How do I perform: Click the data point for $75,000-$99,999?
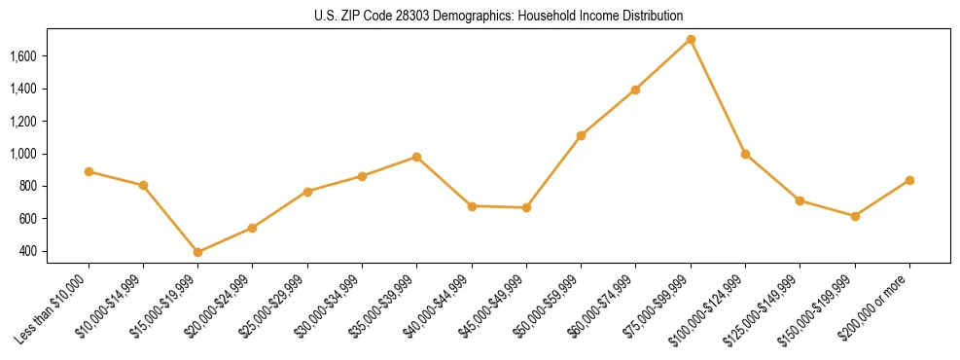[x=691, y=40]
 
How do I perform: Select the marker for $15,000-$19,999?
[x=198, y=252]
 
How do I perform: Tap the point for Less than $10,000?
[x=89, y=171]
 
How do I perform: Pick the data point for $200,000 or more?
[x=909, y=180]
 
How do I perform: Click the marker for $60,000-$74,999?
[x=636, y=90]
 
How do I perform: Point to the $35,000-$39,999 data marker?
[x=417, y=157]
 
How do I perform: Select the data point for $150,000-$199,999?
[x=855, y=216]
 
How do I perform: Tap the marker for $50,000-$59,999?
[x=581, y=135]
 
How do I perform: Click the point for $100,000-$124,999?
[x=745, y=154]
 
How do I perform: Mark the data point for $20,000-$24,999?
[x=253, y=228]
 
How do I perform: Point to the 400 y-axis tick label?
[x=29, y=251]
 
